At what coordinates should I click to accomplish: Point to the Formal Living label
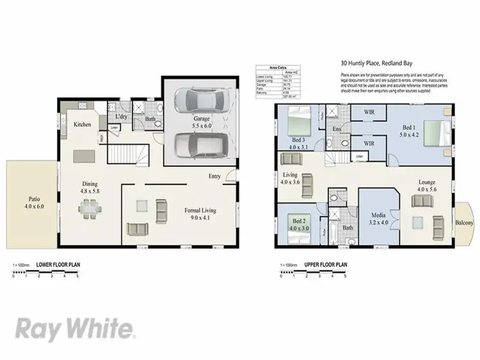pyautogui.click(x=200, y=213)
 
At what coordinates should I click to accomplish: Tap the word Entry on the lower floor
pyautogui.click(x=215, y=177)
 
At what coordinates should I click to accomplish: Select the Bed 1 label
pyautogui.click(x=410, y=131)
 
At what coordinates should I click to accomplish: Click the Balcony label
pyautogui.click(x=464, y=223)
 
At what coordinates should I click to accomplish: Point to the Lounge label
pyautogui.click(x=426, y=185)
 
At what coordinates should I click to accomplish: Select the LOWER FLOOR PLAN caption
pyautogui.click(x=58, y=263)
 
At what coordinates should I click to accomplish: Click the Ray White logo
pyautogui.click(x=75, y=329)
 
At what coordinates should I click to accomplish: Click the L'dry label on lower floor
pyautogui.click(x=120, y=117)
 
